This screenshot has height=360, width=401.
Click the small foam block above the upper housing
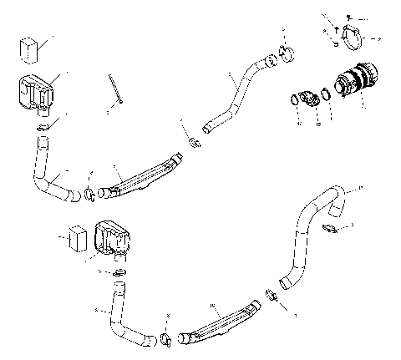[x=30, y=48]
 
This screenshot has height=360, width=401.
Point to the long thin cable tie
[x=116, y=89]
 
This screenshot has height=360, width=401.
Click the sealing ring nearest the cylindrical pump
[x=327, y=104]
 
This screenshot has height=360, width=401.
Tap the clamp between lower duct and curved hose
[x=272, y=294]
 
